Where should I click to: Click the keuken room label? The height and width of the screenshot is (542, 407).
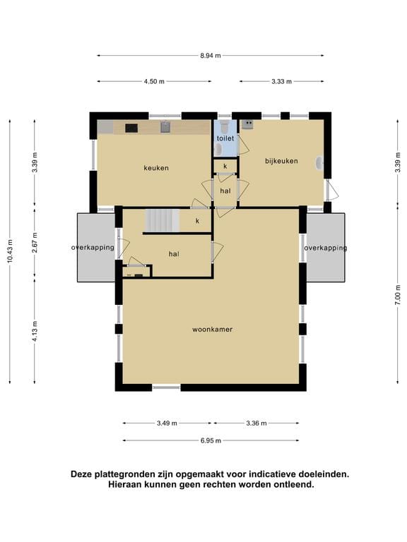[x=156, y=168]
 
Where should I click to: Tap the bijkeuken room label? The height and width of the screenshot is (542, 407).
[x=281, y=161]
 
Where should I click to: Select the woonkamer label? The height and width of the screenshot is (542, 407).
[x=213, y=330]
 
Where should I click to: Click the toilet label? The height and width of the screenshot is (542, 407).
[x=225, y=138]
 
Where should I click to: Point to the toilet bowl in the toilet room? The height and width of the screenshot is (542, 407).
[x=224, y=127]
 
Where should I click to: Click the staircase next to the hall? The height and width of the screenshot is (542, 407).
[x=162, y=220]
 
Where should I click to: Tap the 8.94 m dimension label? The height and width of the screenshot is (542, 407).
[x=211, y=55]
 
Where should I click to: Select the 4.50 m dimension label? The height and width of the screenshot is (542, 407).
[x=154, y=82]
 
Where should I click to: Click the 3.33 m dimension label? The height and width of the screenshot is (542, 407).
[x=281, y=82]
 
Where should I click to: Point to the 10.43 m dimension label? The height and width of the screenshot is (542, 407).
[x=10, y=251]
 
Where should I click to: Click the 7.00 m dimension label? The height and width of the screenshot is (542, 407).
[x=398, y=294]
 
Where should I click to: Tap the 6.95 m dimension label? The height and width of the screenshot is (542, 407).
[x=211, y=440]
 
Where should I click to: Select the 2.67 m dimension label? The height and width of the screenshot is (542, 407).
[x=35, y=243]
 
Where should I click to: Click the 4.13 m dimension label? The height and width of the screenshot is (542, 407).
[x=35, y=332]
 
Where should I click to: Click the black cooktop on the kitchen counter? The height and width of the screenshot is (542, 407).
[x=131, y=128]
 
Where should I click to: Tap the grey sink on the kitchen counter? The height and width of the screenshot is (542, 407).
[x=166, y=127]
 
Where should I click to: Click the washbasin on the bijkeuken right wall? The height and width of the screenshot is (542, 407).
[x=320, y=163]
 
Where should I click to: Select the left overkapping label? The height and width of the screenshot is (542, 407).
[x=93, y=248]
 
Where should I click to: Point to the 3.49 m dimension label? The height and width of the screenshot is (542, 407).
[x=167, y=423]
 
